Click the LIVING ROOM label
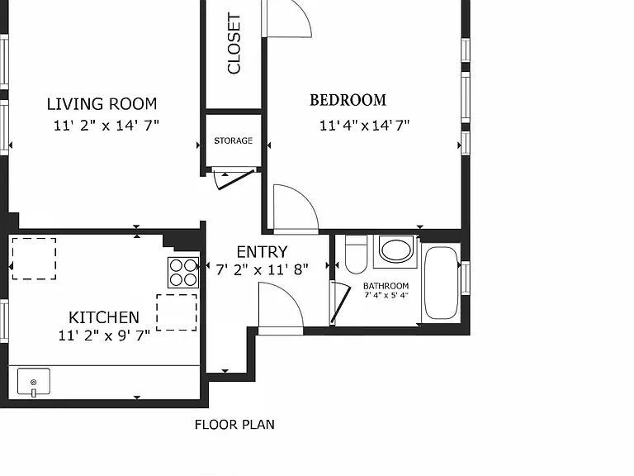pyautogui.click(x=102, y=104)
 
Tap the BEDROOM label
pyautogui.click(x=348, y=100)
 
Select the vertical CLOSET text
pyautogui.click(x=234, y=44)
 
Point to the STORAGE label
pyautogui.click(x=234, y=140)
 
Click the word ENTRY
pyautogui.click(x=262, y=252)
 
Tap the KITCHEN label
pyautogui.click(x=104, y=317)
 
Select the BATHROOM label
pyautogui.click(x=386, y=286)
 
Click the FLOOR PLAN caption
pyautogui.click(x=234, y=425)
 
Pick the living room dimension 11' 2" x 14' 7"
pyautogui.click(x=106, y=125)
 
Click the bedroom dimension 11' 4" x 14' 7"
pyautogui.click(x=364, y=125)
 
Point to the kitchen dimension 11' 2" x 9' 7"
pyautogui.click(x=104, y=336)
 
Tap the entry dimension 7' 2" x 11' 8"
pyautogui.click(x=262, y=269)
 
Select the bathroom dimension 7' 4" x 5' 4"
pyautogui.click(x=386, y=295)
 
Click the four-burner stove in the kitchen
pyautogui.click(x=183, y=273)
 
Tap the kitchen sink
pyautogui.click(x=34, y=382)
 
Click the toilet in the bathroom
pyautogui.click(x=356, y=255)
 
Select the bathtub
pyautogui.click(x=441, y=283)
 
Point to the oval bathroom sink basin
pyautogui.click(x=396, y=250)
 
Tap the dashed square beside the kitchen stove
pyautogui.click(x=177, y=312)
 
